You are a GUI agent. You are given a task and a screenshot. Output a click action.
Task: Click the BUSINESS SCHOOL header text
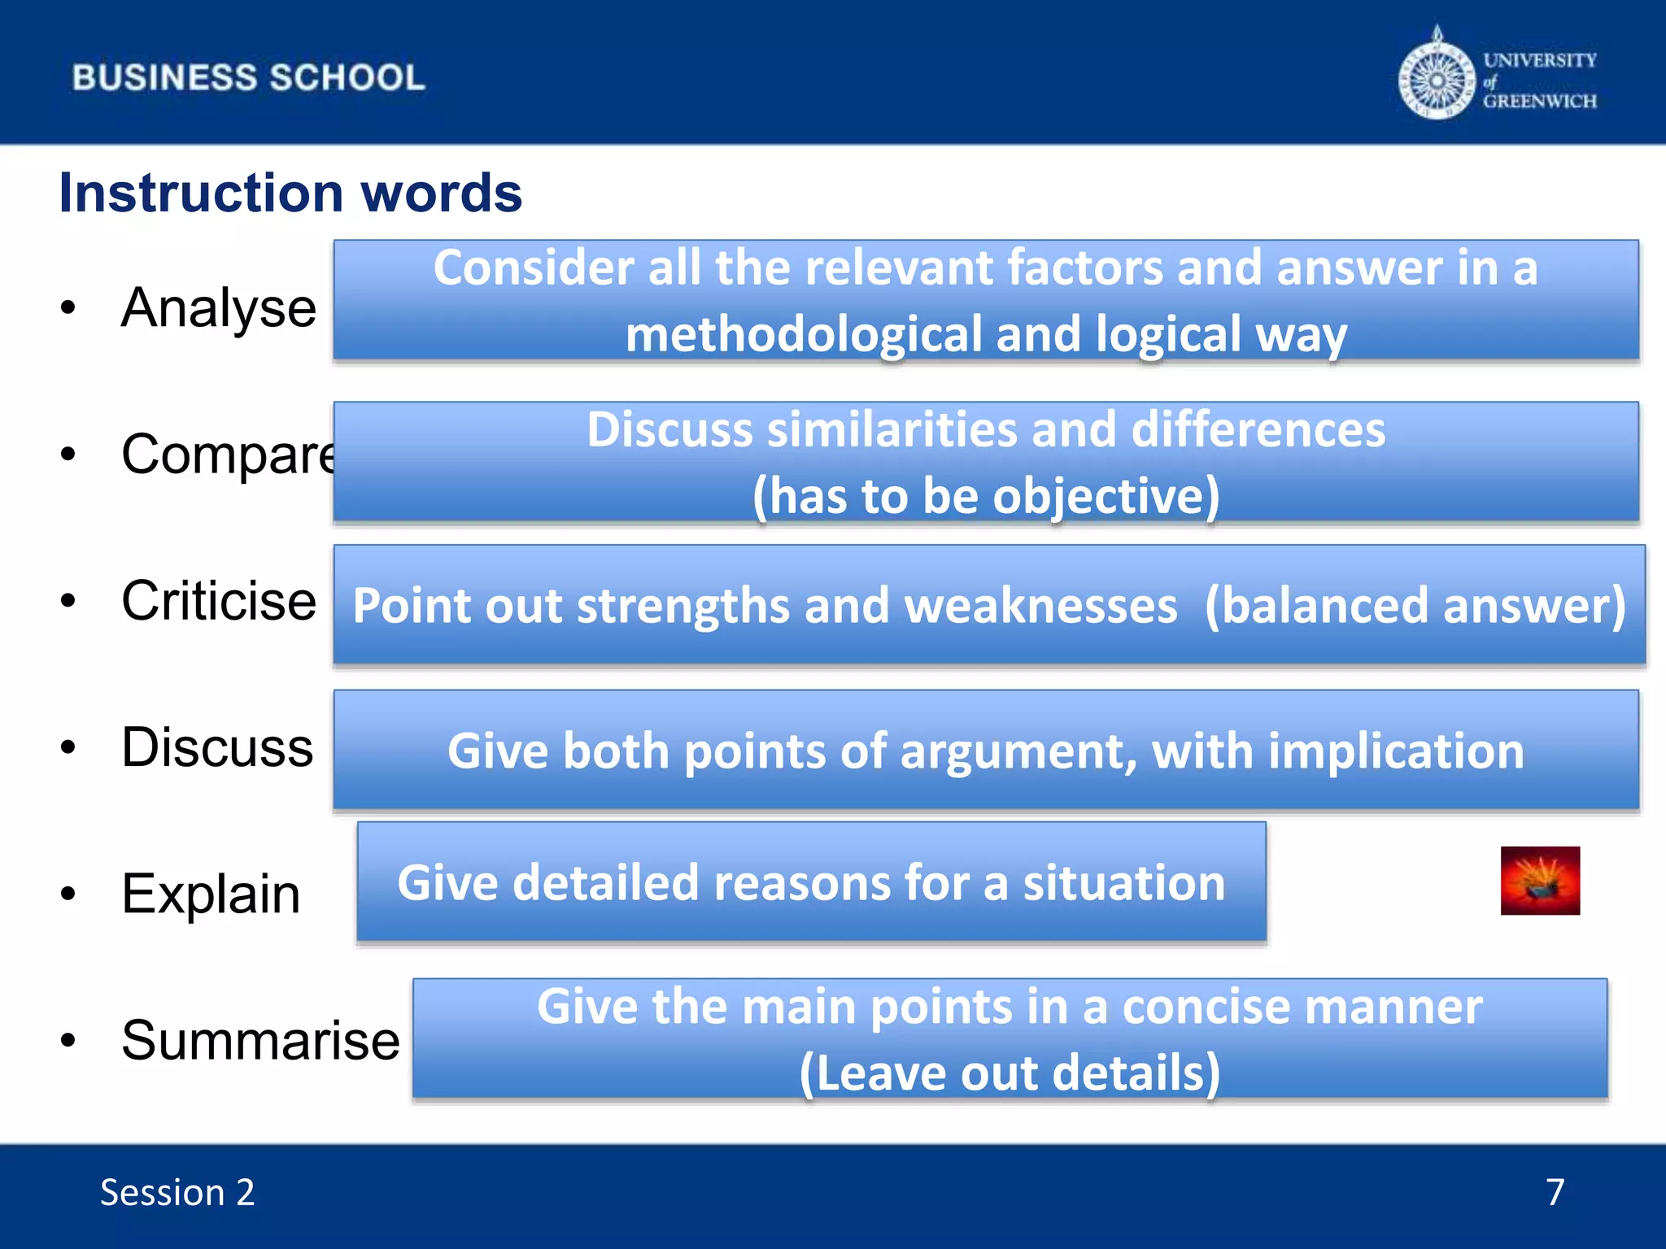point(248,78)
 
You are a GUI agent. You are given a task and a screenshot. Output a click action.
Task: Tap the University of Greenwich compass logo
point(1437,80)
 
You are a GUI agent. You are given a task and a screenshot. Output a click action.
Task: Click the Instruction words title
point(290,194)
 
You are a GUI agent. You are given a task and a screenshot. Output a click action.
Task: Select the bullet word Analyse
point(218,308)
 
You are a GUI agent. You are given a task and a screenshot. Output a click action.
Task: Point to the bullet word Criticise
point(218,601)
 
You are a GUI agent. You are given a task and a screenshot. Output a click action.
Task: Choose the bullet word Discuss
point(216,747)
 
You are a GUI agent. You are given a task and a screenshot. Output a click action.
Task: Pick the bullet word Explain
point(211,894)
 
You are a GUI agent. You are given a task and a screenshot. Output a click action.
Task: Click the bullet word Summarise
point(260,1040)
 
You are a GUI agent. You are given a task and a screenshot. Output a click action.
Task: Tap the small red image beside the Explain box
point(1540,881)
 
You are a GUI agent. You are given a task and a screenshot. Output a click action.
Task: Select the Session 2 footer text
point(177,1193)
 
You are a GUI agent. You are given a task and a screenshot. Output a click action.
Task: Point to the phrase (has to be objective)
point(986,496)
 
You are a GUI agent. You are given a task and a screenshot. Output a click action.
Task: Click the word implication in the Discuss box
point(1396,751)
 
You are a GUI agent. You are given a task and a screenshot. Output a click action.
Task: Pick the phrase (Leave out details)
point(1010,1073)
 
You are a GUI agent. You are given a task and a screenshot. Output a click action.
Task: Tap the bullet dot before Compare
point(68,455)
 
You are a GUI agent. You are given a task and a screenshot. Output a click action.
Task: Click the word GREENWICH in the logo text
point(1539,102)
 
